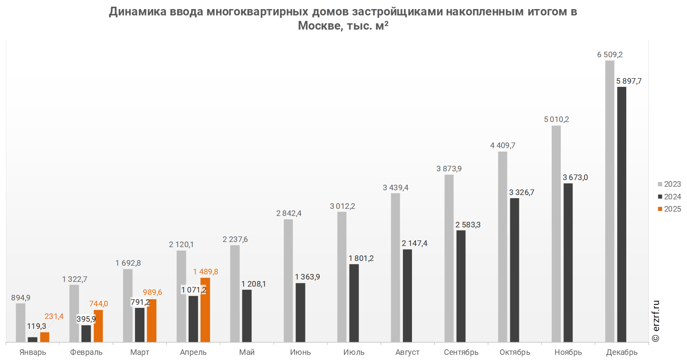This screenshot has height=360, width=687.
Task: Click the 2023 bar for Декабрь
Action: tap(610, 201)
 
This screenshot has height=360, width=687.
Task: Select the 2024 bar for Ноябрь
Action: tap(568, 262)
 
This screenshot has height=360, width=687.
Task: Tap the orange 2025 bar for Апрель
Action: tap(205, 310)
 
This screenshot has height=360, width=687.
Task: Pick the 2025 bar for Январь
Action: tap(45, 337)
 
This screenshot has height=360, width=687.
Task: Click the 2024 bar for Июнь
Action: tap(300, 312)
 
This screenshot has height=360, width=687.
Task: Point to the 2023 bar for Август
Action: tap(395, 267)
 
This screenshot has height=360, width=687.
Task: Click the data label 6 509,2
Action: tap(610, 55)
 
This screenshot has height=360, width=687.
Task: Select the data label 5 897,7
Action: tap(629, 81)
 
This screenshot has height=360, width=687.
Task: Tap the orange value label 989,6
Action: tap(152, 292)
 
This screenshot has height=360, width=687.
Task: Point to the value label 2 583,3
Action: tap(468, 225)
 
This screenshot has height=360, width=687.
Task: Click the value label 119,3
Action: tap(36, 326)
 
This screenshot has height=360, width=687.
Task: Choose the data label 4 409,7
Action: tap(503, 146)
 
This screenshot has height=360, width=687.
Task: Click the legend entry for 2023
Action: tap(669, 184)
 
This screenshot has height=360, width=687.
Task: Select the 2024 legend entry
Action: tap(669, 197)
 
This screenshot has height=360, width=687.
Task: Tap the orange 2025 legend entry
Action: tap(669, 209)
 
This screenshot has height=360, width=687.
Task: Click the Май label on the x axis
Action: tap(247, 352)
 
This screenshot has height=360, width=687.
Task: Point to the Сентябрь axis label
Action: tap(461, 352)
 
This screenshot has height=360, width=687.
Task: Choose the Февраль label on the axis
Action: tap(86, 352)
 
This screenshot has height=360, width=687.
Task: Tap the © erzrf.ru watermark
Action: tap(656, 321)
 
